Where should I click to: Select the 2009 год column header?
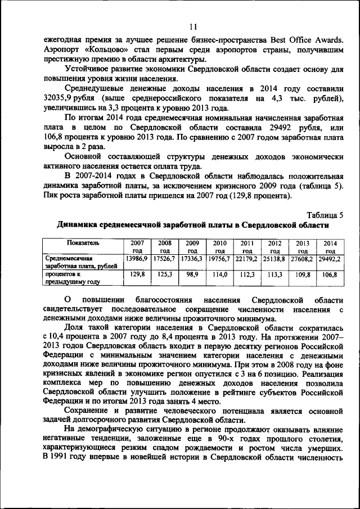coord(192,247)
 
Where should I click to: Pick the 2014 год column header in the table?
coord(330,247)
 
